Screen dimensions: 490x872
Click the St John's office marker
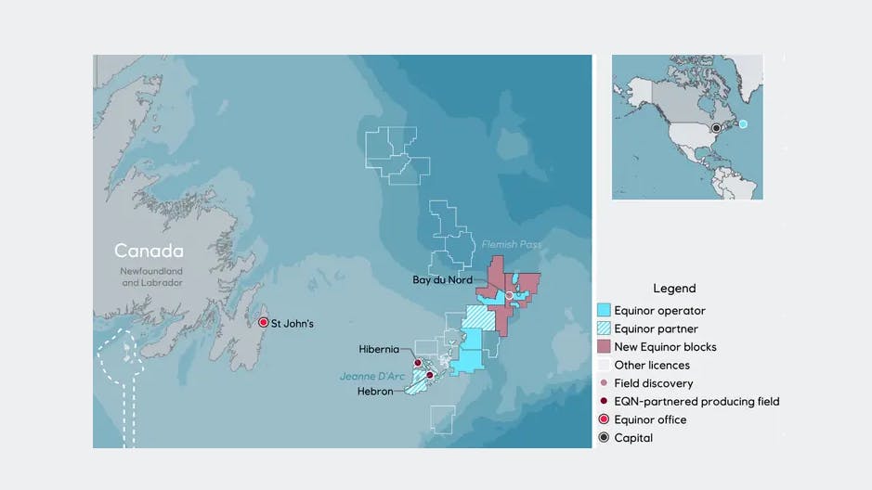[x=264, y=322]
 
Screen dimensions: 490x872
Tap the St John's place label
[x=293, y=323]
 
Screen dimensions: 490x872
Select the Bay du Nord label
[x=443, y=279]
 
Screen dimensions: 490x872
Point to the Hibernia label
[x=379, y=349]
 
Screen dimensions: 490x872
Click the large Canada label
[x=149, y=251]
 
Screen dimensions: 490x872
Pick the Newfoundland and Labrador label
[x=150, y=277]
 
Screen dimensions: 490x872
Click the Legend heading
[x=674, y=289]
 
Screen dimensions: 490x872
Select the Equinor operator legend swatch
[x=604, y=311]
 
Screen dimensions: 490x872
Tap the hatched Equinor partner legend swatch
[x=604, y=329]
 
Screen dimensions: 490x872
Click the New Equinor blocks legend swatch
[x=604, y=347]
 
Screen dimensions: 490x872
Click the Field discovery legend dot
[x=605, y=383]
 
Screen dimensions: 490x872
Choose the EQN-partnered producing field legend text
[x=696, y=402]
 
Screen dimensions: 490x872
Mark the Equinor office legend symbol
[x=604, y=419]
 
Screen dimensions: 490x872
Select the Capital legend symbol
[x=604, y=438]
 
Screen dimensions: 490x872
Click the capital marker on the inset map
[x=716, y=128]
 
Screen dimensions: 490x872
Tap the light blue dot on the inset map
[x=743, y=123]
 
